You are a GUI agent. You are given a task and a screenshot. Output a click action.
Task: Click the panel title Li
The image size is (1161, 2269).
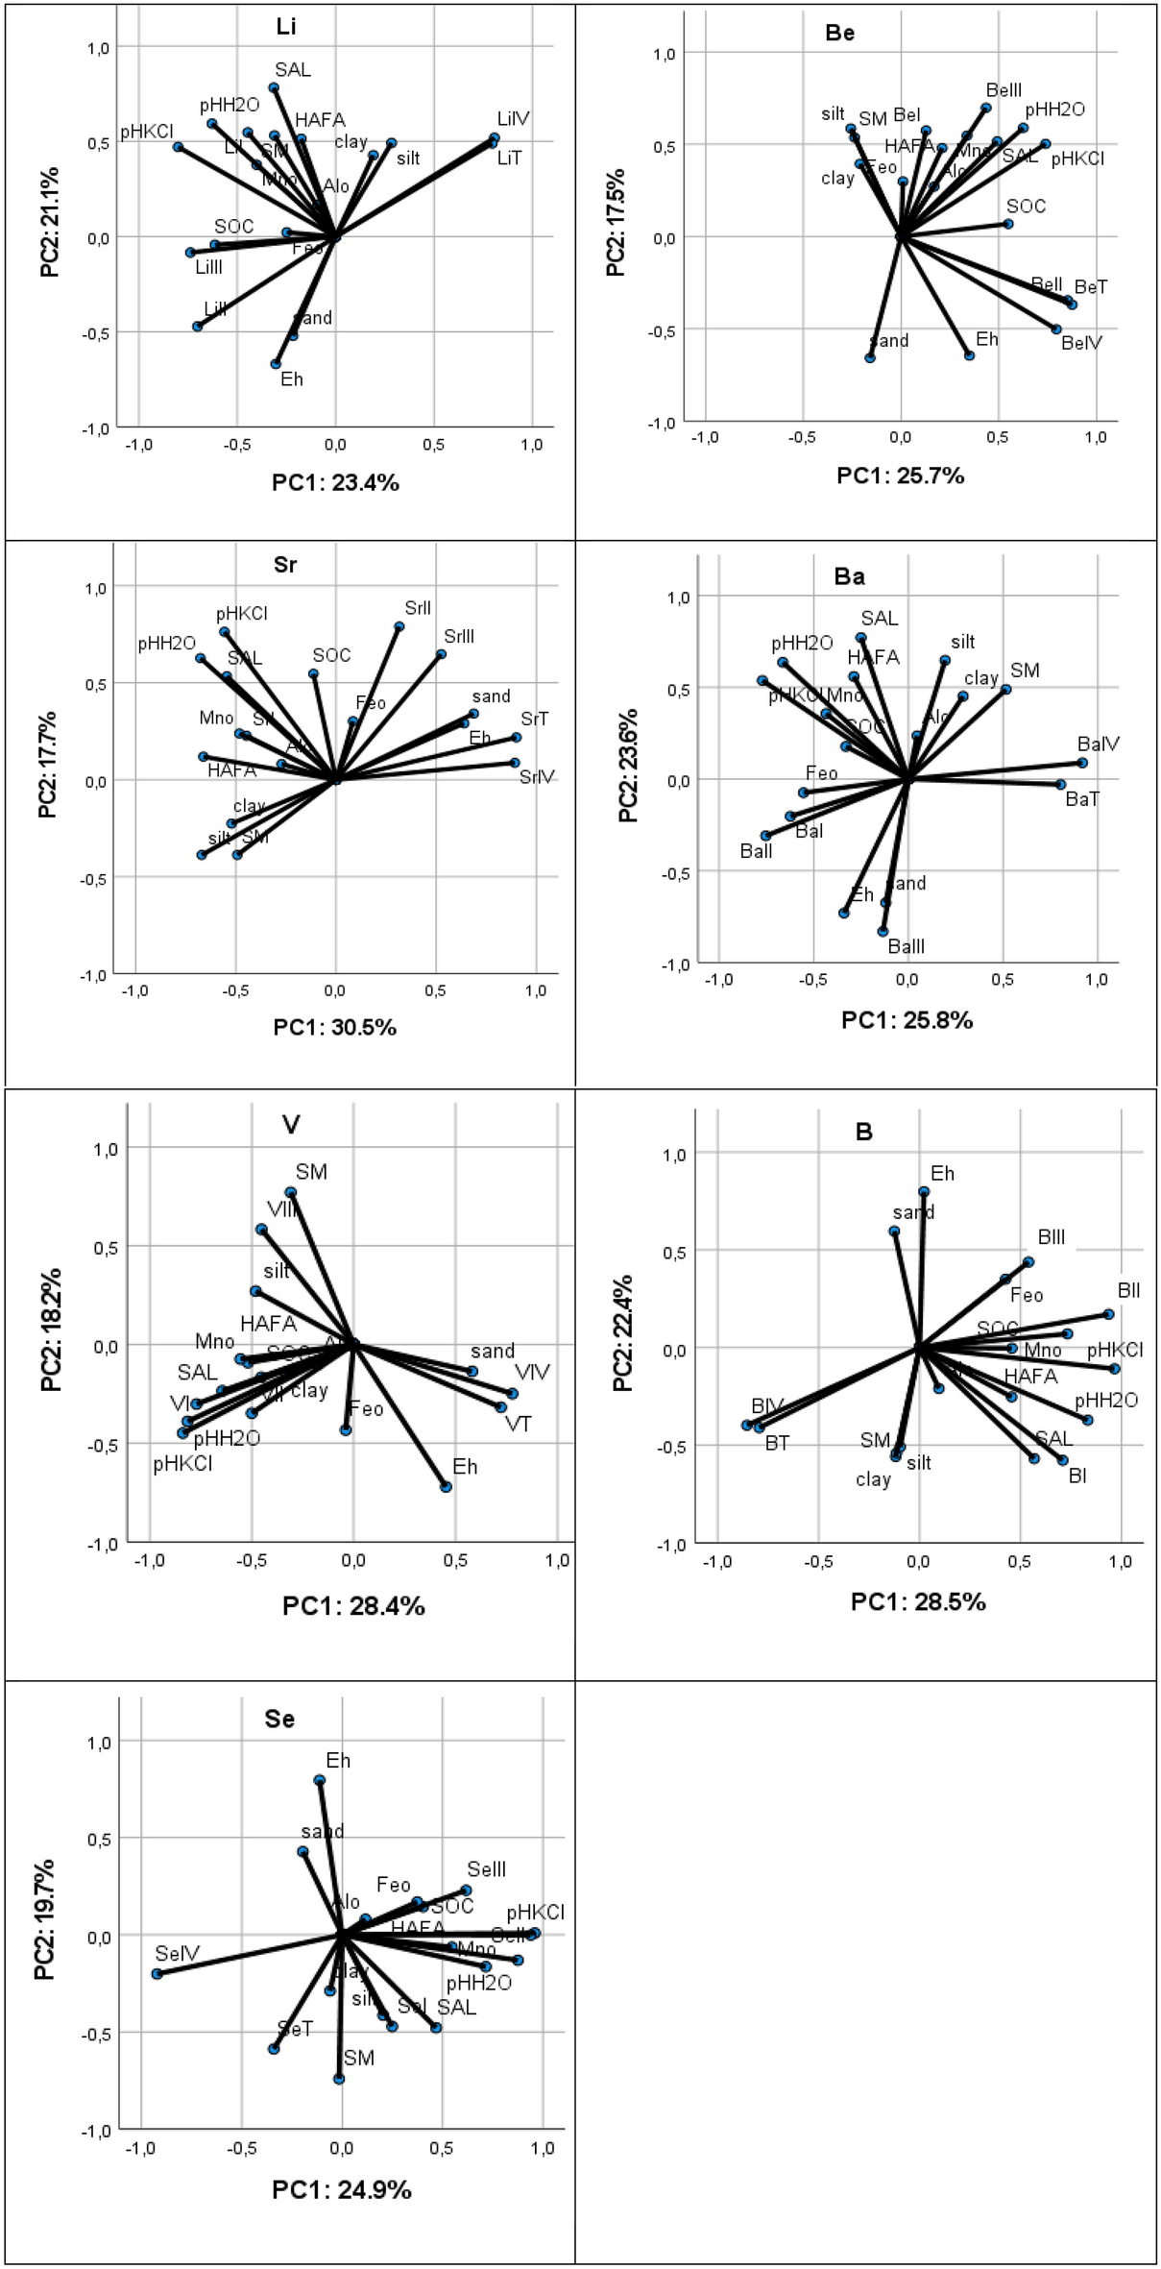[285, 28]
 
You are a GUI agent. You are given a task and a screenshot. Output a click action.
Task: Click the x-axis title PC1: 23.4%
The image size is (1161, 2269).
[335, 483]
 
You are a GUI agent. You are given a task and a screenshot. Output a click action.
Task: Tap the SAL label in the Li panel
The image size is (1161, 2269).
[293, 69]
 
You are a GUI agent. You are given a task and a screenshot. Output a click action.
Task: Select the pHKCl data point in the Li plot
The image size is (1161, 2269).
[178, 147]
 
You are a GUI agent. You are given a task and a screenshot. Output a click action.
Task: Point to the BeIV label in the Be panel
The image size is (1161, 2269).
[1082, 342]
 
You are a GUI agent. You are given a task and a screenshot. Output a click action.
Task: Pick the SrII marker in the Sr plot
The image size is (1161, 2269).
[399, 626]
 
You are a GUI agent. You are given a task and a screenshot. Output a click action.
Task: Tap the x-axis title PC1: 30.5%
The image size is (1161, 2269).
[334, 1028]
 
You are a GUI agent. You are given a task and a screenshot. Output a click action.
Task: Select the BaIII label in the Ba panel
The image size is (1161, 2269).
[907, 947]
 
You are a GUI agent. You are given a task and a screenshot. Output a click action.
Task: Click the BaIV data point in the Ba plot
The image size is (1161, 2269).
[1082, 763]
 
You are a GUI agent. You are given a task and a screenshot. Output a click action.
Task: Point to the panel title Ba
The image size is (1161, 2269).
[850, 577]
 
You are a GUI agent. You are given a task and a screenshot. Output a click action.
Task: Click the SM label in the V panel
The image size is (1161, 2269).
[311, 1172]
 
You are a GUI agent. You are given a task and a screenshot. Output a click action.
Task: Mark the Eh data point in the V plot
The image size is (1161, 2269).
[446, 1487]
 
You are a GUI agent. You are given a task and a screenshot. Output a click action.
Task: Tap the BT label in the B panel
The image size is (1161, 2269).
[777, 1443]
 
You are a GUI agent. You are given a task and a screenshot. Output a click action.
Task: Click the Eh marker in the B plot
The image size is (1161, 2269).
[924, 1191]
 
